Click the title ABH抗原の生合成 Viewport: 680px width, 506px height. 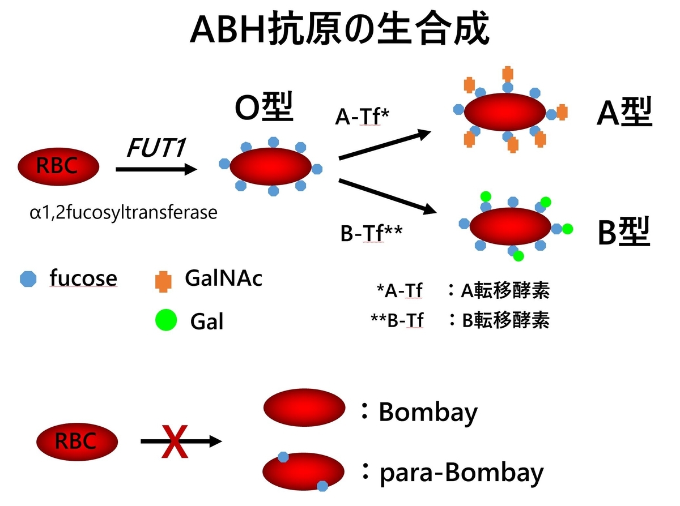[339, 29]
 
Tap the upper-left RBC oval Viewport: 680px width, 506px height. [58, 166]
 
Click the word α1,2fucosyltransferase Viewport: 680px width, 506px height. [123, 213]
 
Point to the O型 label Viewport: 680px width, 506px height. [265, 108]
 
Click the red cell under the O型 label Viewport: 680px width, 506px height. [271, 166]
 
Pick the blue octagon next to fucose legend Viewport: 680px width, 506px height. [28, 278]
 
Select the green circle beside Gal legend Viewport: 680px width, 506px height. [165, 320]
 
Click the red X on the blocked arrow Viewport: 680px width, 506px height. [175, 441]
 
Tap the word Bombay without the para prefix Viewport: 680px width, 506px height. [428, 412]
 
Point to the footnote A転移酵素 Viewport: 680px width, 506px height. [504, 291]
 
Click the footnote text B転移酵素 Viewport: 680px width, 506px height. [505, 320]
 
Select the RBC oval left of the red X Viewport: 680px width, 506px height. [77, 441]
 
